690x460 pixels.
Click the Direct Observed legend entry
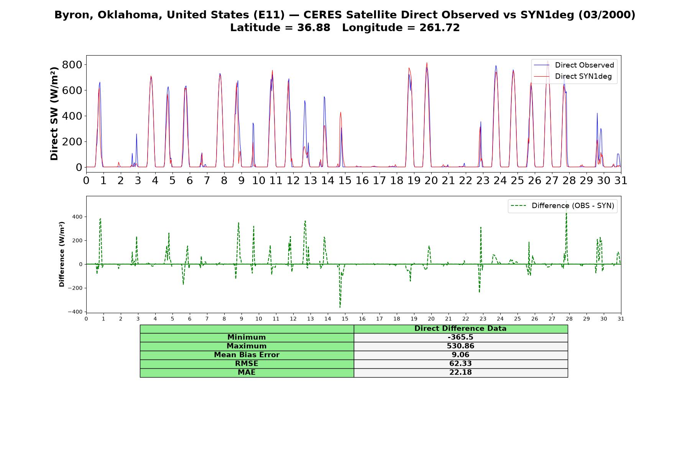pyautogui.click(x=574, y=65)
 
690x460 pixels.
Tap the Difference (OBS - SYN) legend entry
pyautogui.click(x=562, y=206)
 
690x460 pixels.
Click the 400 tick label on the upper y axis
pyautogui.click(x=72, y=116)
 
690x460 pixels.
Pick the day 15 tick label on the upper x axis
pyautogui.click(x=345, y=180)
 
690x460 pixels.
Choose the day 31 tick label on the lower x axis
pyautogui.click(x=621, y=319)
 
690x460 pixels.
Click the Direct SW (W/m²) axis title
pyautogui.click(x=54, y=113)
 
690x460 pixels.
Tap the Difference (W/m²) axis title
pyautogui.click(x=62, y=254)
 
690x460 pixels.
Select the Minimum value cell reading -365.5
pyautogui.click(x=460, y=337)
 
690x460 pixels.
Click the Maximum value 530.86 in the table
pyautogui.click(x=460, y=346)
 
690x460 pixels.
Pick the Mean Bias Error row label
pyautogui.click(x=246, y=355)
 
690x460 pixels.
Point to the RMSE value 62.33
pyautogui.click(x=460, y=364)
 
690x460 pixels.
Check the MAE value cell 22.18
pyautogui.click(x=460, y=373)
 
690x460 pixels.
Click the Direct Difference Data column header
pyautogui.click(x=460, y=329)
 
